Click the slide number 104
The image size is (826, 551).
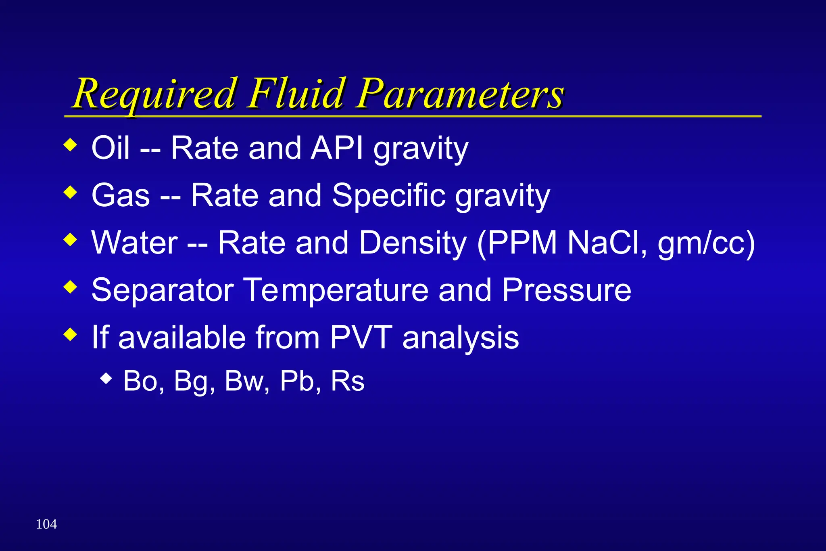46,524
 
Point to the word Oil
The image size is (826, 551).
111,148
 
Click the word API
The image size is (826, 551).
337,148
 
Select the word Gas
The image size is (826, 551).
121,195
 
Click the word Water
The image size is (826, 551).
135,243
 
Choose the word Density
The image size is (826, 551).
413,243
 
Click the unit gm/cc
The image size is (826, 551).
706,243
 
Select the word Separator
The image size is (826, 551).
163,290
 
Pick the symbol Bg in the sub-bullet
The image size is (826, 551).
194,381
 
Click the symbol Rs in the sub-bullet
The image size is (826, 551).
347,381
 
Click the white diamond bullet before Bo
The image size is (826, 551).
106,378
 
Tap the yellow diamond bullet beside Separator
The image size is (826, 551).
70,287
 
